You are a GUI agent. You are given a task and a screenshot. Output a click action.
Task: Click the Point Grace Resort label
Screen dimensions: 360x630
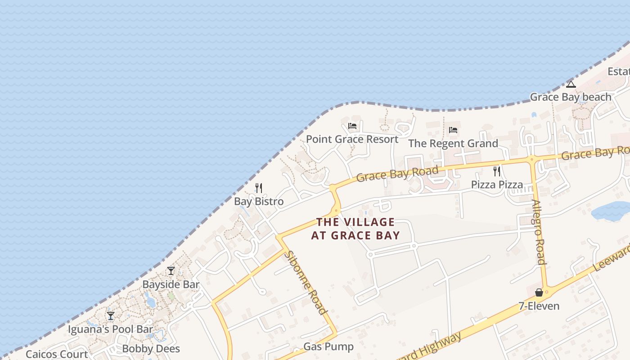pos(352,139)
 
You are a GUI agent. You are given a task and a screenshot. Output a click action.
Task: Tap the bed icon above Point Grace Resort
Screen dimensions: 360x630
pos(352,126)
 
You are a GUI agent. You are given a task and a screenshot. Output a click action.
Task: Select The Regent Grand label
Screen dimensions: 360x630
pos(453,144)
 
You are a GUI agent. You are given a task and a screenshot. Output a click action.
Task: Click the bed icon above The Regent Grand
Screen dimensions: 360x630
pos(453,130)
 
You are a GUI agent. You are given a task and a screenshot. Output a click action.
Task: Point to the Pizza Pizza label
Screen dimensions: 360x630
pos(497,184)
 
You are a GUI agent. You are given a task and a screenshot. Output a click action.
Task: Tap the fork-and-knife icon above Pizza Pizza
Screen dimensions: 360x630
pos(497,171)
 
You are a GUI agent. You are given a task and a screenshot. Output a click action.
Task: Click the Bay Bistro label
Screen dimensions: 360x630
pos(259,201)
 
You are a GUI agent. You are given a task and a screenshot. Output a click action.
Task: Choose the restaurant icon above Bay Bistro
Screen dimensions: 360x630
pos(259,188)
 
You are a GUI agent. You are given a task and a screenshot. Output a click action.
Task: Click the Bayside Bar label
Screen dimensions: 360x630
pos(171,284)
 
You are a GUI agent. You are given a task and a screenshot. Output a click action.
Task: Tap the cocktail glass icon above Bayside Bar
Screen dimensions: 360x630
pos(171,271)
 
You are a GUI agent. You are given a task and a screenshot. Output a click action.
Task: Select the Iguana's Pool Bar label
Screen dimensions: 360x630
pos(110,329)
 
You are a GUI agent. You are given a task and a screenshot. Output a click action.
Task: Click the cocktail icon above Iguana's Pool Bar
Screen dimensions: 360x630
pos(111,316)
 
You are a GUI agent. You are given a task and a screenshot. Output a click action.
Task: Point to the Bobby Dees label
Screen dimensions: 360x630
pos(151,349)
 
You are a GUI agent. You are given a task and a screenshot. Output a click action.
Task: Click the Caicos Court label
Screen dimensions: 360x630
pos(57,354)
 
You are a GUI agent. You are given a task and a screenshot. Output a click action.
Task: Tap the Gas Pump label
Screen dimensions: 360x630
pos(328,346)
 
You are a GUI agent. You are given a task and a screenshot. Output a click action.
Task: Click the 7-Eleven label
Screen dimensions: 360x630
pos(539,306)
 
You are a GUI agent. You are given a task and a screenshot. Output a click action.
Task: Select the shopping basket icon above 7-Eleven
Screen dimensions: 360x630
pos(539,293)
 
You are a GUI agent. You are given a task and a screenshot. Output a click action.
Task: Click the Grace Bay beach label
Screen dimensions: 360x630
pos(571,97)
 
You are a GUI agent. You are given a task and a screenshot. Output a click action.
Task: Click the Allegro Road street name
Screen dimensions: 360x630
pos(539,231)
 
